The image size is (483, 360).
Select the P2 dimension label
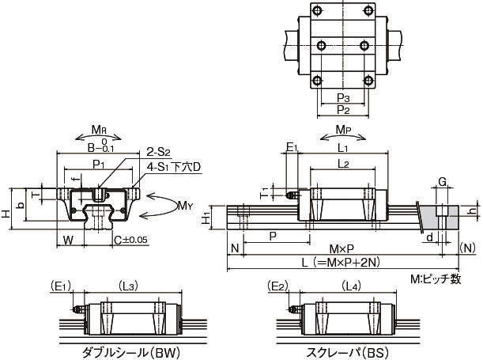tap(342, 109)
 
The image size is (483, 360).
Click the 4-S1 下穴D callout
tap(175, 167)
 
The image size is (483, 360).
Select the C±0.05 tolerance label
tap(130, 238)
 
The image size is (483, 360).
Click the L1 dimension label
tap(343, 148)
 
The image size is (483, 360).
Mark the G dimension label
tap(442, 182)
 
